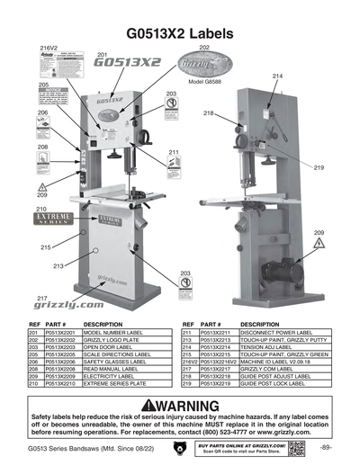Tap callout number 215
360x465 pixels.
pyautogui.click(x=45, y=246)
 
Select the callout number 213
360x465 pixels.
pyautogui.click(x=58, y=266)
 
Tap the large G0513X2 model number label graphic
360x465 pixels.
pyautogui.click(x=127, y=64)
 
